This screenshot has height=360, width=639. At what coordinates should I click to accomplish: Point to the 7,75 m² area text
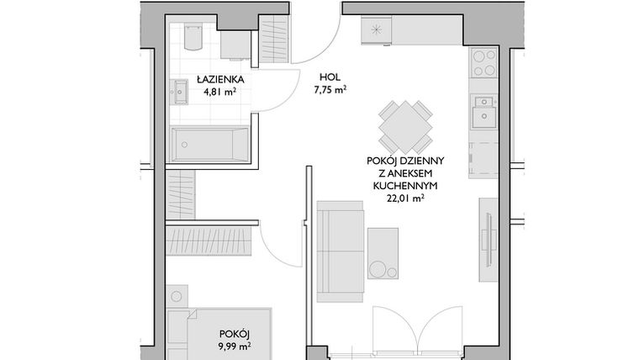click(330, 88)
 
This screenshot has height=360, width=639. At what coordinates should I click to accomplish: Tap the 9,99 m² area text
click(235, 343)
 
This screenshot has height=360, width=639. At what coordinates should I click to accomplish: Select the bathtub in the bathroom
click(210, 144)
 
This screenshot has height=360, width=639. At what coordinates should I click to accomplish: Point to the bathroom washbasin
click(180, 90)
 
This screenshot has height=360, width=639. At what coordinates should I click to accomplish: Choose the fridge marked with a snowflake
click(375, 29)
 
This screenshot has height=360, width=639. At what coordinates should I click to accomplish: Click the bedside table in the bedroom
click(177, 297)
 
